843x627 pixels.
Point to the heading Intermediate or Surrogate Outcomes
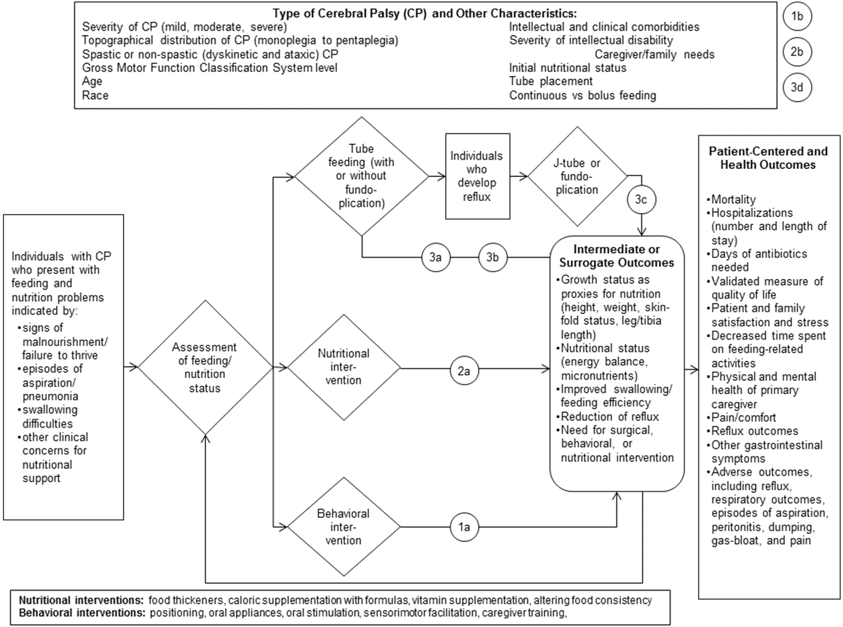coord(617,256)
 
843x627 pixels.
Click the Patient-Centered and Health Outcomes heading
coord(767,158)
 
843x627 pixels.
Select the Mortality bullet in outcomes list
coord(735,198)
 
